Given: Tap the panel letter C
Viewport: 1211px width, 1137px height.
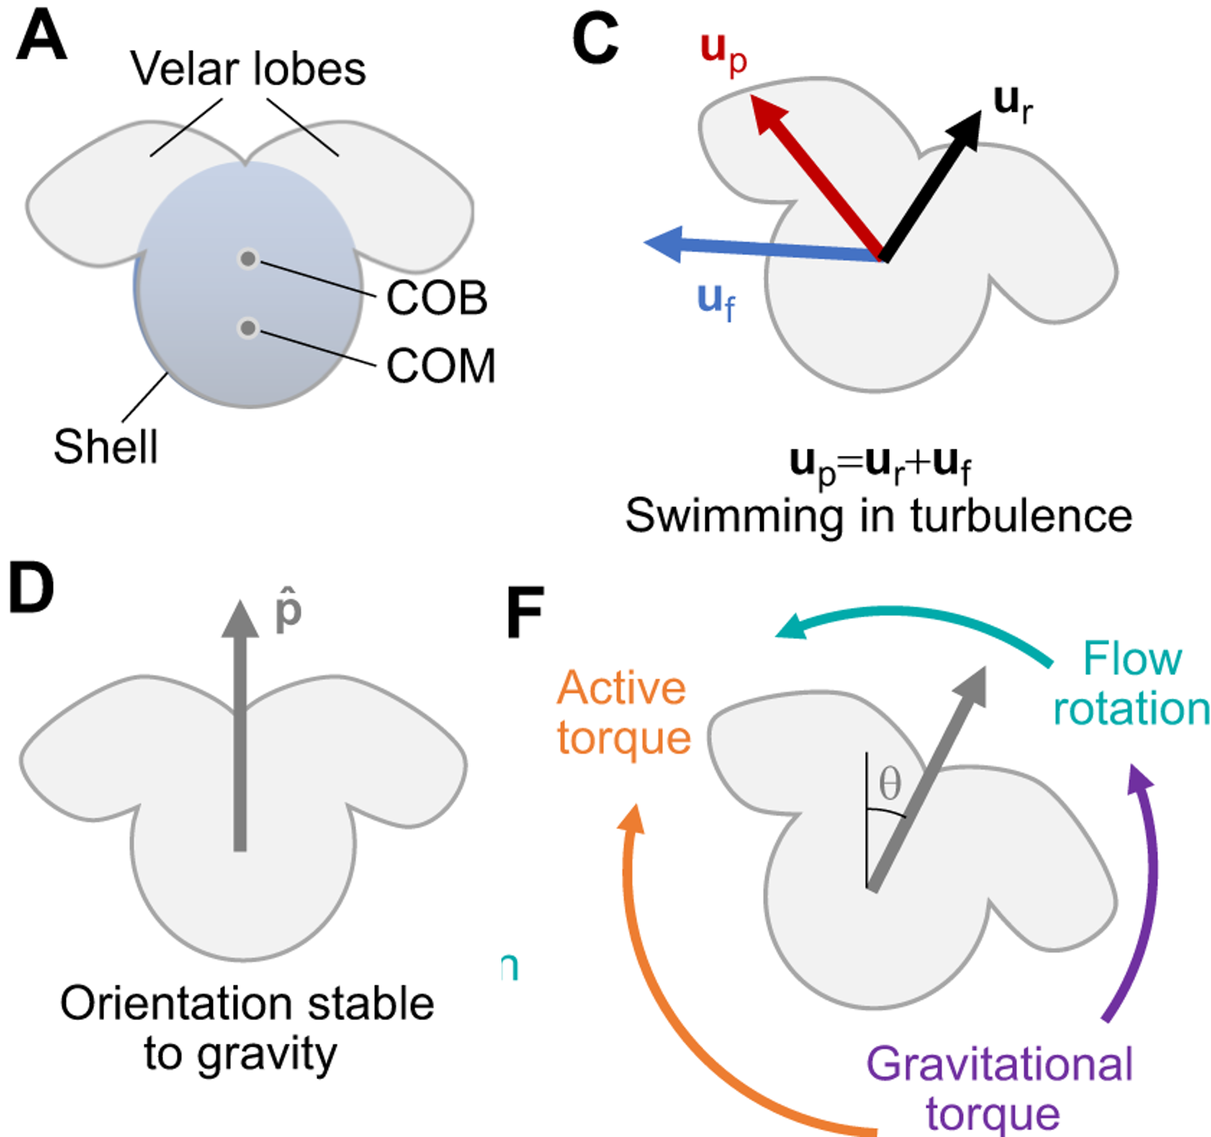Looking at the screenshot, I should (595, 40).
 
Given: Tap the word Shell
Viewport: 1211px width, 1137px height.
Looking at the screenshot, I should (106, 447).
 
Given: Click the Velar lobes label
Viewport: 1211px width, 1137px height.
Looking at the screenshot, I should (248, 69).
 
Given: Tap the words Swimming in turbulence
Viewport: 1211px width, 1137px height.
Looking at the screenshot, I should (878, 516).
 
